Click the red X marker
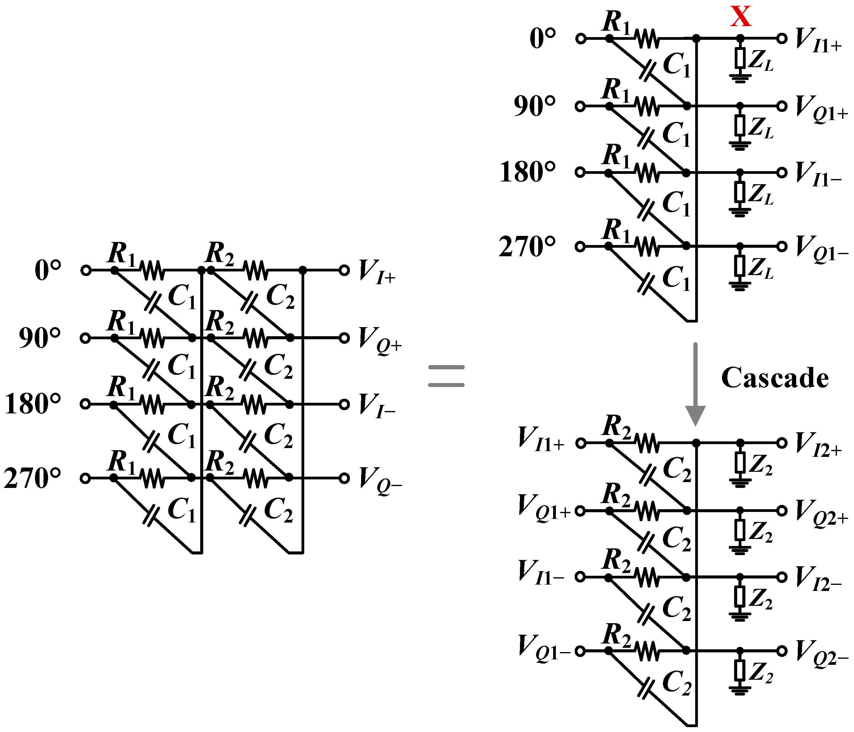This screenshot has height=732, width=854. click(x=741, y=17)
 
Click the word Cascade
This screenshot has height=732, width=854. click(x=775, y=378)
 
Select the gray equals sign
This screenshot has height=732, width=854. click(x=446, y=376)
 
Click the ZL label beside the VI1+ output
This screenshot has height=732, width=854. click(x=760, y=62)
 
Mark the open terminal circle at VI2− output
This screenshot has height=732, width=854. click(x=782, y=577)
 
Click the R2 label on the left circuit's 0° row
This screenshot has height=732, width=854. click(x=220, y=253)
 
